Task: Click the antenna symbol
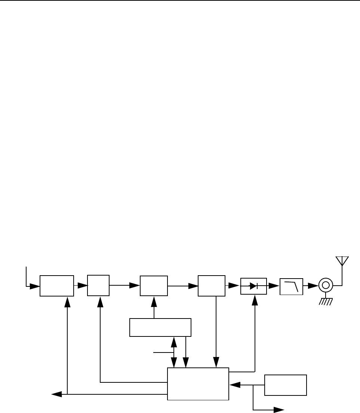342,261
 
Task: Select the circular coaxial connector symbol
326,286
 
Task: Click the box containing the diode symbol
253,286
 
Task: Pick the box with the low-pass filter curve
291,286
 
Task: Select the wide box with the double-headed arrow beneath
160,327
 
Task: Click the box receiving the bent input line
57,286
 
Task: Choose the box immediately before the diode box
212,286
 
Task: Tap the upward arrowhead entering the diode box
255,298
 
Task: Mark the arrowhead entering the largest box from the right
235,385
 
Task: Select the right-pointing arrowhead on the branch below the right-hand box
279,410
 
